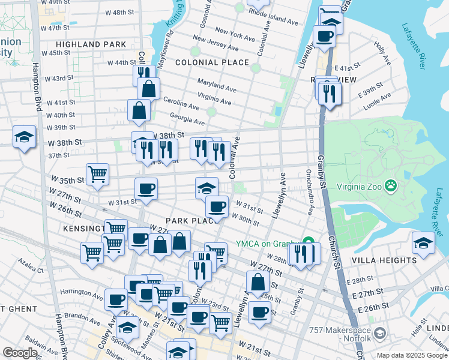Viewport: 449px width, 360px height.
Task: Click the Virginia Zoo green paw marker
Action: click(392, 185)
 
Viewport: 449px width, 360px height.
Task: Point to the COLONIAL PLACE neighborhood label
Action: click(212, 62)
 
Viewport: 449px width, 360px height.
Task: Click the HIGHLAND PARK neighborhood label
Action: click(91, 44)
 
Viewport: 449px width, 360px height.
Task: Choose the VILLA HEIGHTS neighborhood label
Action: click(384, 260)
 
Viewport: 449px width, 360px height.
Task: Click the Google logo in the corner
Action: click(20, 353)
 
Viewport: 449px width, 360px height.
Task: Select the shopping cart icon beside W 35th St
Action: click(97, 175)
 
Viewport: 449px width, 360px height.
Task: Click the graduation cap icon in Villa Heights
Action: click(423, 243)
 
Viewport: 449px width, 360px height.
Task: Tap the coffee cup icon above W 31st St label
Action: click(146, 190)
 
